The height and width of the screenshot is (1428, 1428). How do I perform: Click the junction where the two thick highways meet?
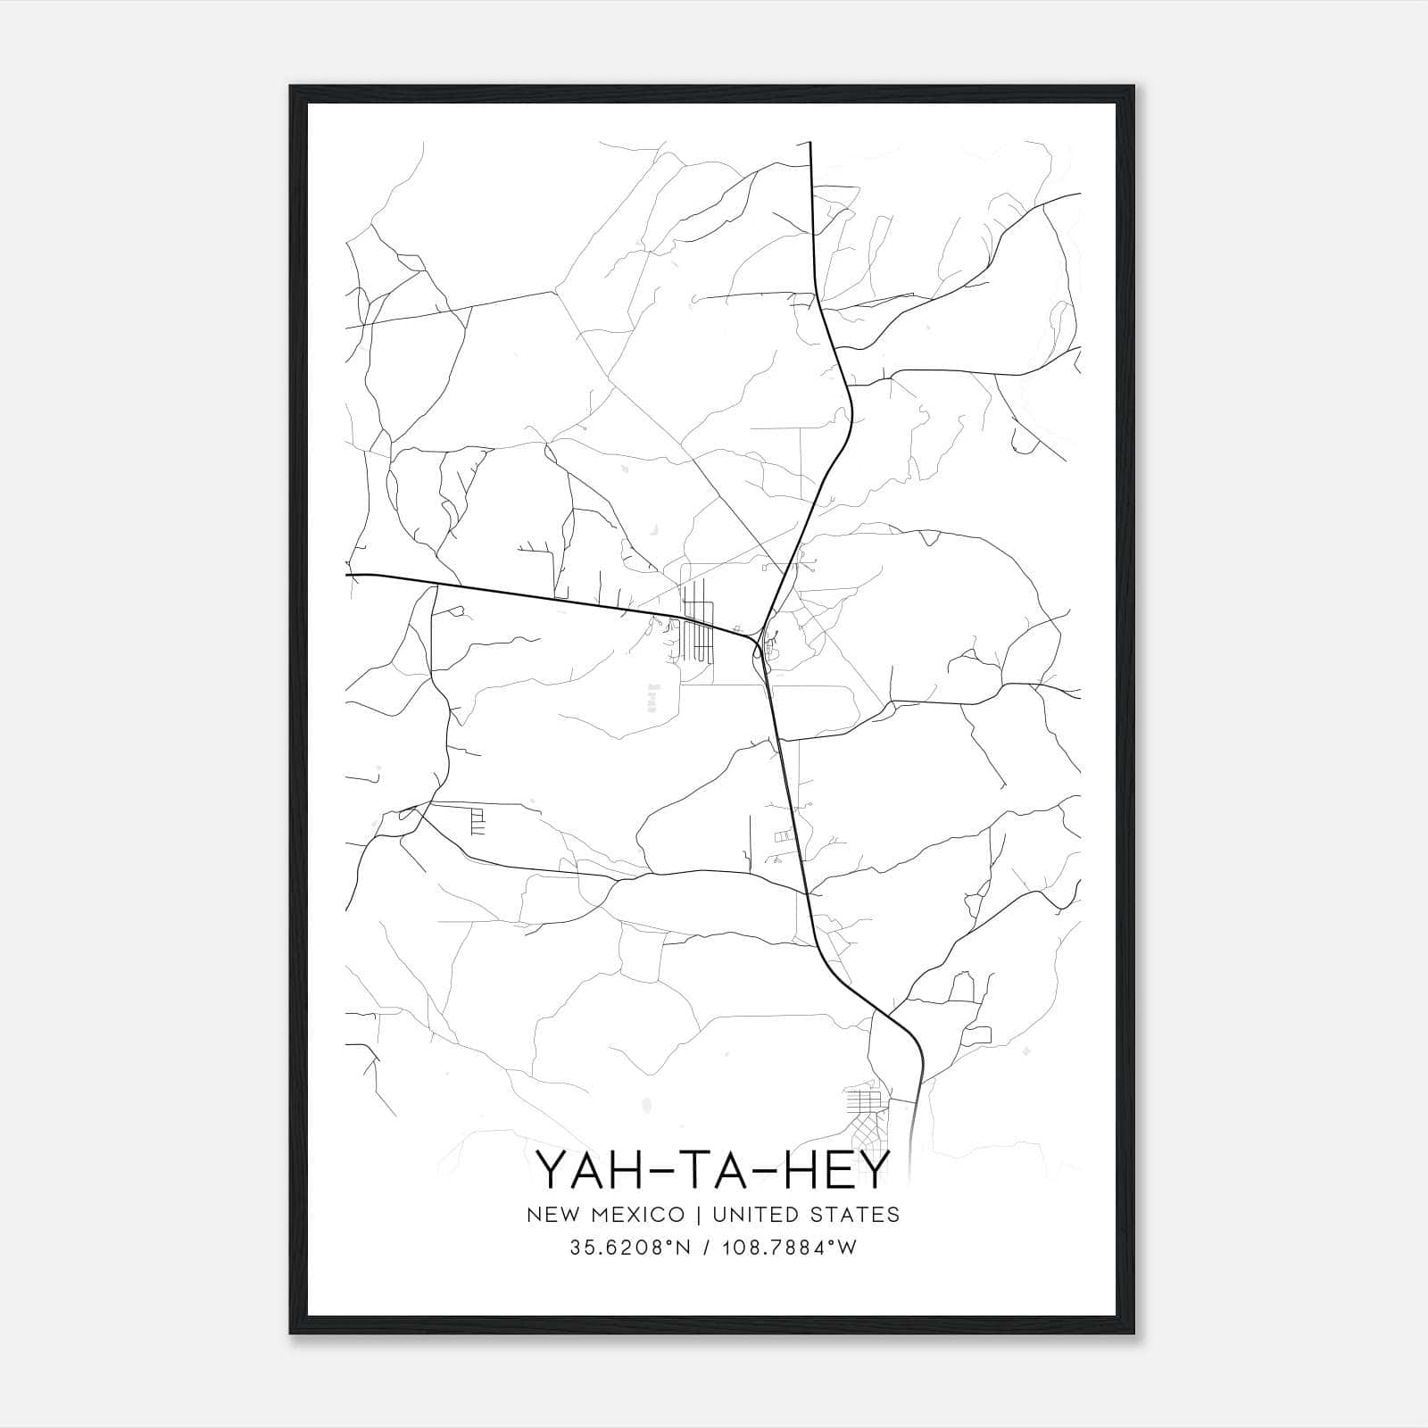coord(758,642)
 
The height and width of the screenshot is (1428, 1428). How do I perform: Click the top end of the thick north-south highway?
coord(809,143)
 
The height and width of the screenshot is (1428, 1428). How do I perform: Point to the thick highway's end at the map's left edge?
coord(348,575)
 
